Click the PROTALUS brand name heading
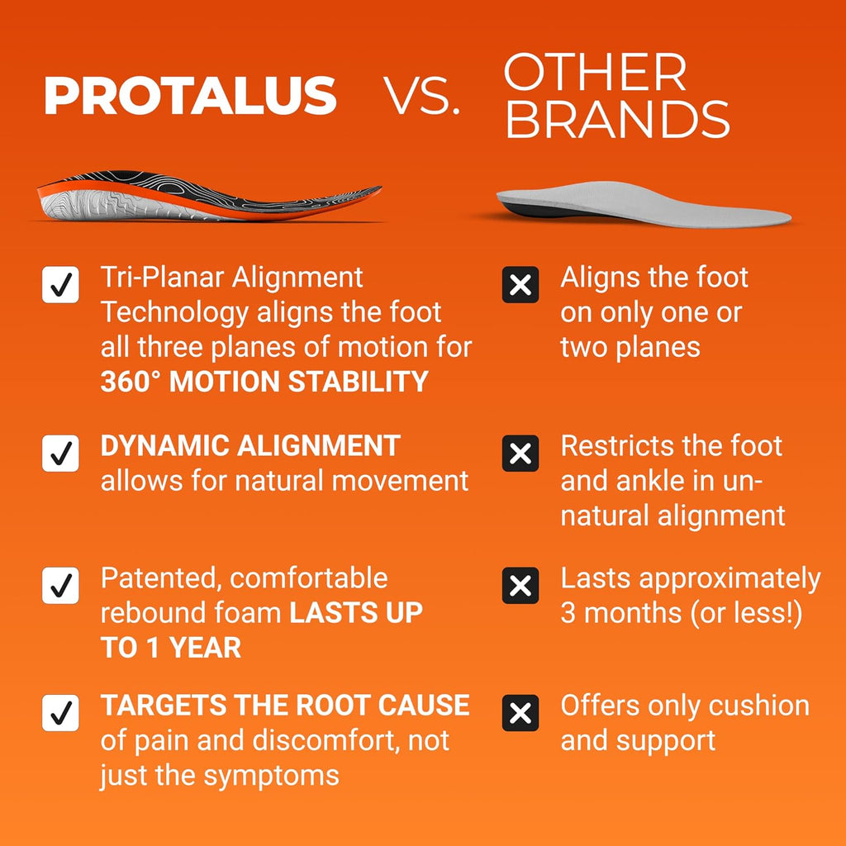pyautogui.click(x=191, y=95)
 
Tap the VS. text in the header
pyautogui.click(x=421, y=96)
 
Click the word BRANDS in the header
pyautogui.click(x=617, y=119)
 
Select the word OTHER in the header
pyautogui.click(x=595, y=73)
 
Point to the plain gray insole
pyautogui.click(x=644, y=204)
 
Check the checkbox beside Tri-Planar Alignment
pyautogui.click(x=60, y=284)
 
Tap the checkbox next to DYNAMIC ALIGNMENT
pyautogui.click(x=60, y=454)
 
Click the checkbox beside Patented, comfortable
pyautogui.click(x=60, y=586)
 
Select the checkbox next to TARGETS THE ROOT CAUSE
pyautogui.click(x=60, y=713)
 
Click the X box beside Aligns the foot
pyautogui.click(x=520, y=284)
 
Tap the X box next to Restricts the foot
pyautogui.click(x=520, y=454)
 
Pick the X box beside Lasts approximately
pyautogui.click(x=520, y=586)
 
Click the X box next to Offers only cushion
pyautogui.click(x=520, y=713)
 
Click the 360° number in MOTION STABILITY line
pyautogui.click(x=131, y=382)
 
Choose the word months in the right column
pyautogui.click(x=632, y=614)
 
